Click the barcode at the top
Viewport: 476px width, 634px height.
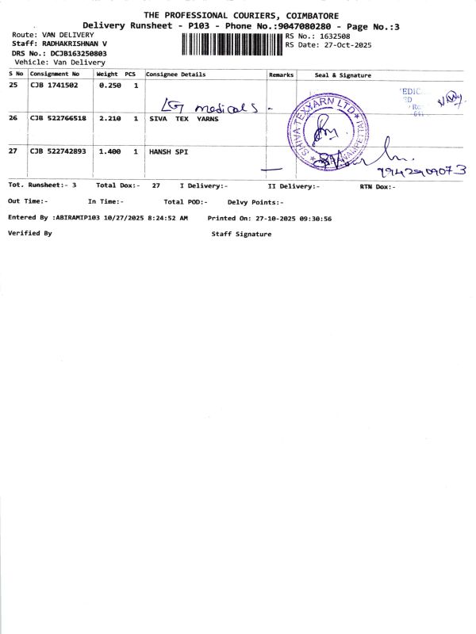232,44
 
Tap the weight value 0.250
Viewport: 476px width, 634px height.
109,86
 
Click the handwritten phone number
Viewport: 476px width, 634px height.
422,170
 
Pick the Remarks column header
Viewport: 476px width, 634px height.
281,74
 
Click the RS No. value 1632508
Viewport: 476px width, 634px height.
334,36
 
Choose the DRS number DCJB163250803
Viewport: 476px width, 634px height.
79,53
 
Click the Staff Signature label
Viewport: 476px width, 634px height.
241,234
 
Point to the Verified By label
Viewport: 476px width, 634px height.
29,234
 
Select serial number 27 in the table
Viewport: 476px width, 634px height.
13,151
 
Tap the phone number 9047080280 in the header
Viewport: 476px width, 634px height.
301,26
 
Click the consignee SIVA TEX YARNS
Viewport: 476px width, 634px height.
184,118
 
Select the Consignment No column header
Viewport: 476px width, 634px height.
55,74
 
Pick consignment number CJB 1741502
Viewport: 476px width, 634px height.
55,86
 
